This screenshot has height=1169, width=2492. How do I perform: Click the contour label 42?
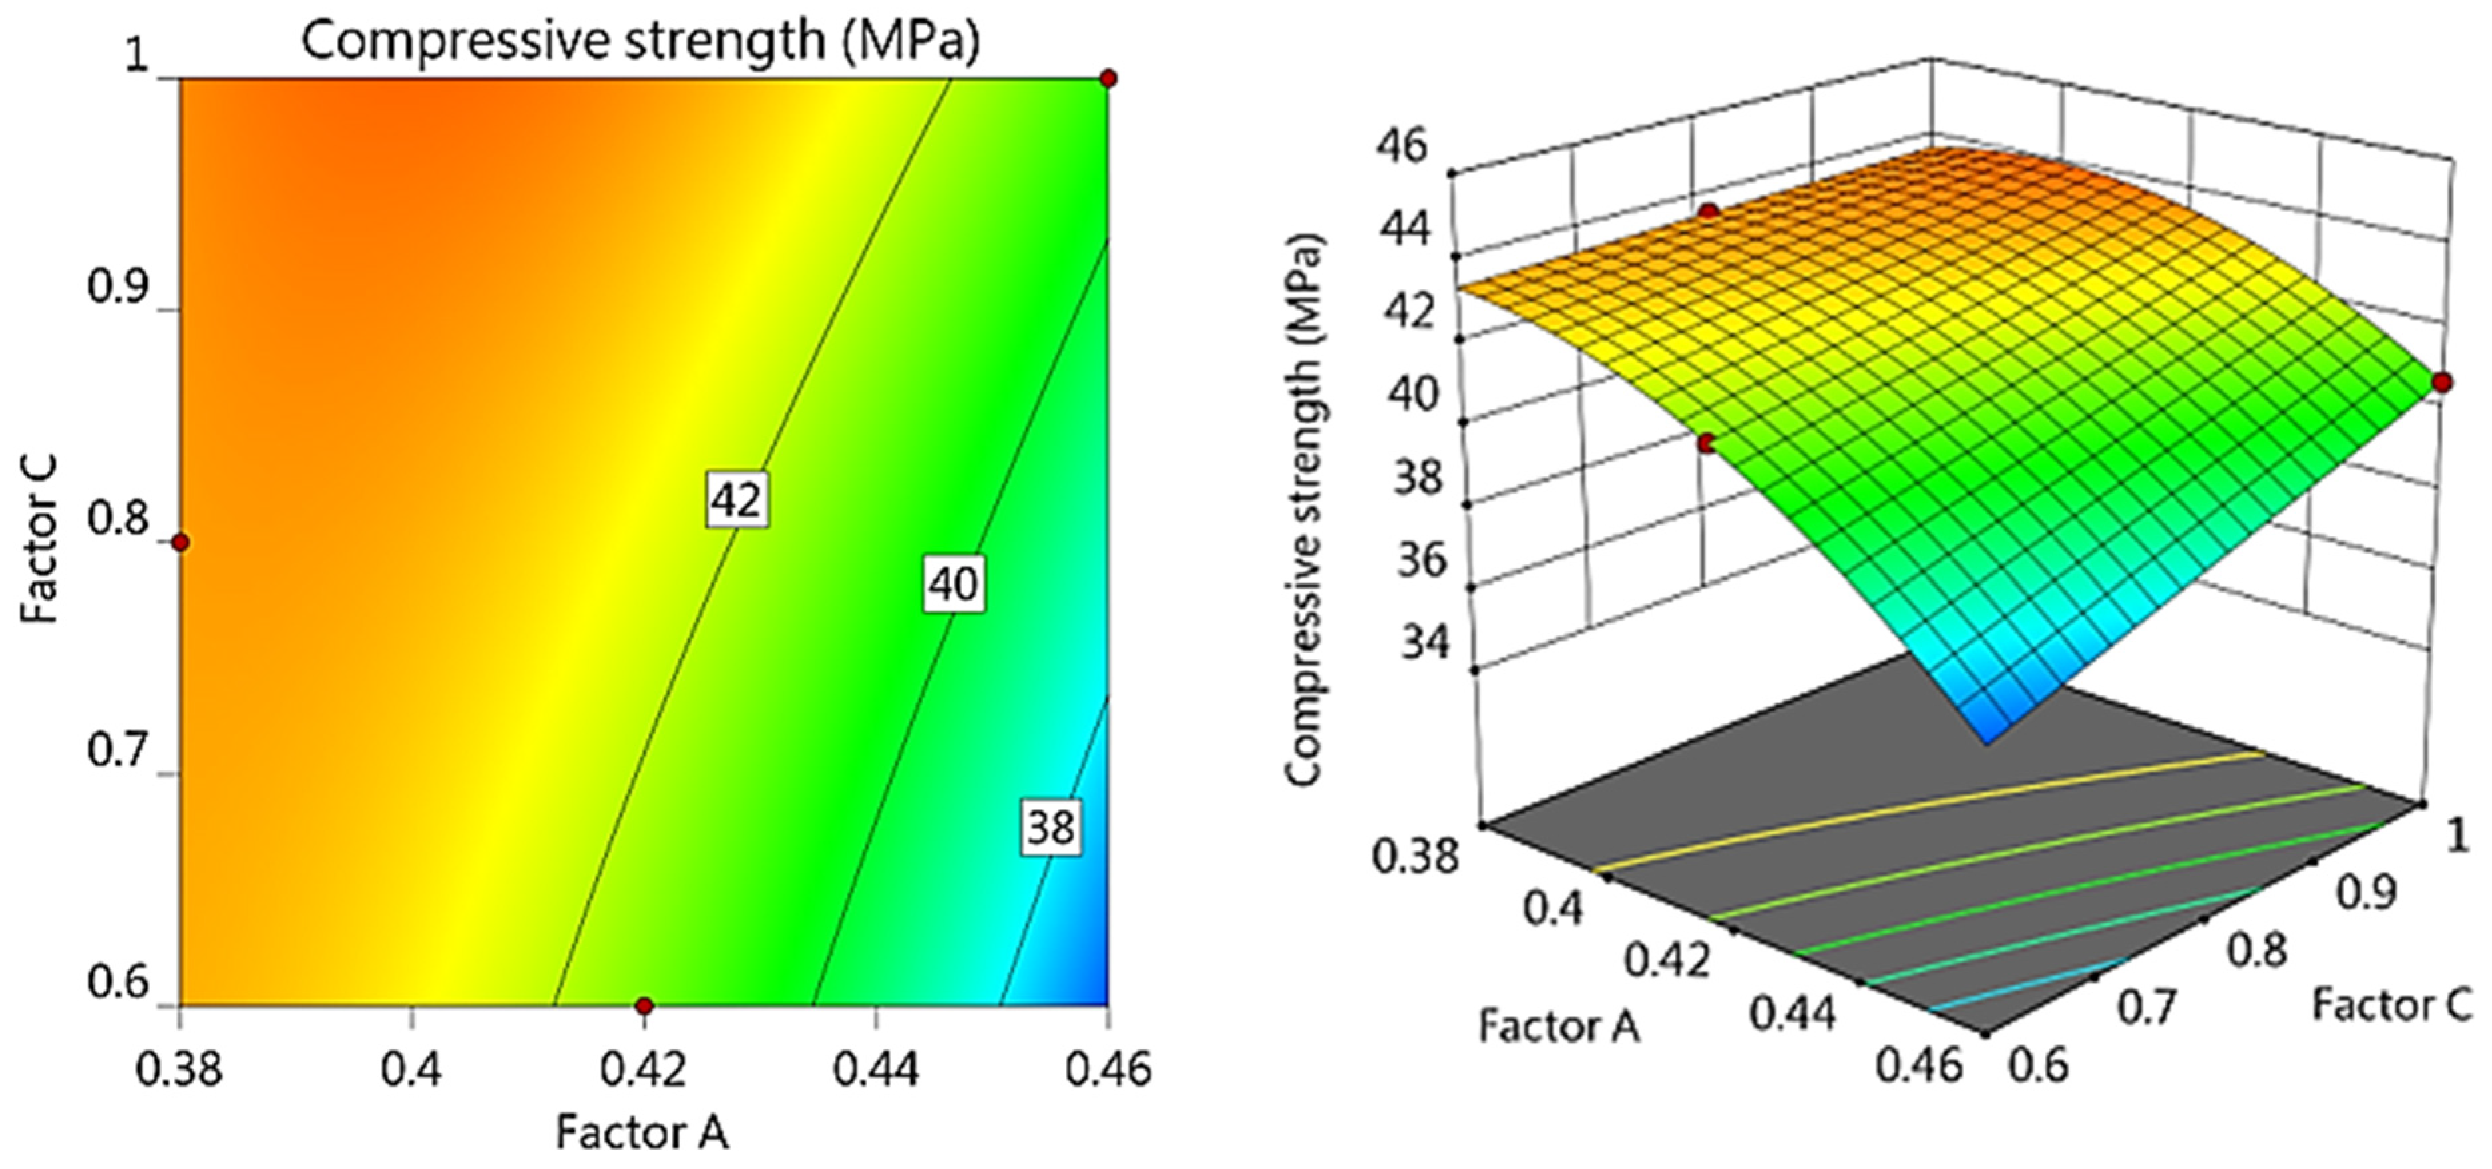click(737, 500)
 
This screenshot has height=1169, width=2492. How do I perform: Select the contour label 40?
click(953, 584)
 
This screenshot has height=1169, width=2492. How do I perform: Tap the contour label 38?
click(1050, 828)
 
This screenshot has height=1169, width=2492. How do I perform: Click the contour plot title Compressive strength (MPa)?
click(640, 41)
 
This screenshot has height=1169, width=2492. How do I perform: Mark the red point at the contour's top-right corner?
click(1108, 78)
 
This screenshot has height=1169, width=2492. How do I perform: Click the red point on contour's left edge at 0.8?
click(180, 542)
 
